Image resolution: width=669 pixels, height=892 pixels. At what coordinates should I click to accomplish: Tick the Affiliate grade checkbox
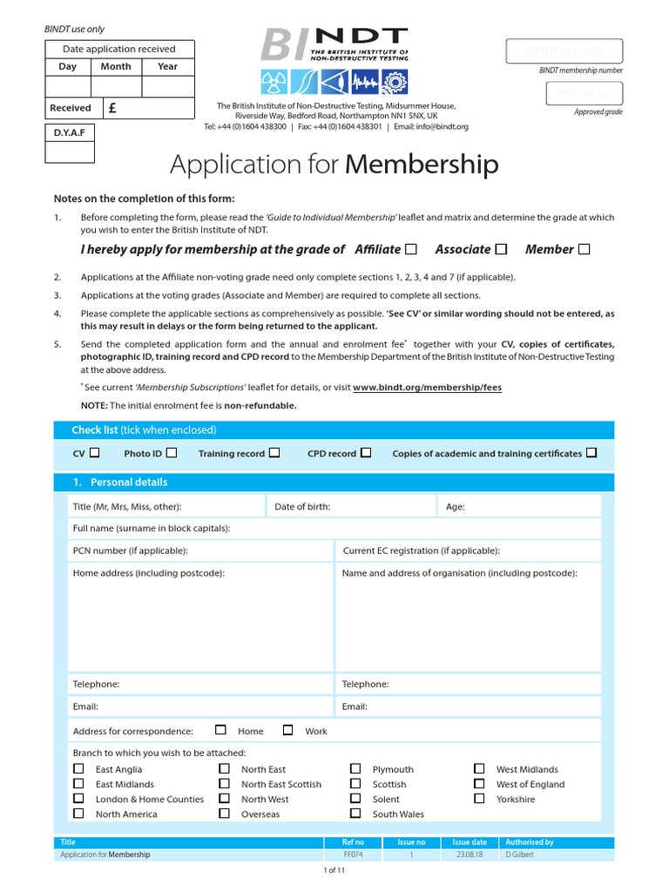coord(411,249)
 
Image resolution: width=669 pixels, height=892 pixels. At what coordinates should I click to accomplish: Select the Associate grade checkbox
coord(501,249)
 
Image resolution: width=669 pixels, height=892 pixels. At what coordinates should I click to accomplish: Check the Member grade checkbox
coord(584,249)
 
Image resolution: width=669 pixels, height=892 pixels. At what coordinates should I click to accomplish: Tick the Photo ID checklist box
coord(172,453)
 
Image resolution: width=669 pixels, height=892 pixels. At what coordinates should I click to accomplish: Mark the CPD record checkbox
coord(366,453)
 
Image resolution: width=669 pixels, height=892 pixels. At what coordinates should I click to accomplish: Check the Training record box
coord(274,453)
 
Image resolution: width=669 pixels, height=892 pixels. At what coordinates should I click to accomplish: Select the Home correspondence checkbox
coord(220,730)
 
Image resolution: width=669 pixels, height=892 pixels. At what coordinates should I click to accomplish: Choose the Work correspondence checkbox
coord(288,730)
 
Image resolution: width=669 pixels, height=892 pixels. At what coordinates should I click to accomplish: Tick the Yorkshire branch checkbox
coord(479,798)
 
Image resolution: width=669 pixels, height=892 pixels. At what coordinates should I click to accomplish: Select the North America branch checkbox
coord(79,813)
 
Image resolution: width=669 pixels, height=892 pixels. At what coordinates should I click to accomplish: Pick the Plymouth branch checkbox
coord(355,768)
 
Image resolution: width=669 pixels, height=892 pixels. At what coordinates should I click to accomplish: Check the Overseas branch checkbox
coord(224,813)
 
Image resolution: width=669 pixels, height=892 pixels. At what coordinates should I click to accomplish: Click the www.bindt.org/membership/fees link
coord(427,388)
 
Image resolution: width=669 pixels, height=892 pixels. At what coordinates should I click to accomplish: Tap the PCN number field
coord(200,551)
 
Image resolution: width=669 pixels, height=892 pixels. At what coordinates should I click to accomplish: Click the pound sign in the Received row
coord(111,108)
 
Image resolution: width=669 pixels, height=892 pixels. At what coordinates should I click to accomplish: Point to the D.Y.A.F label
coord(71,132)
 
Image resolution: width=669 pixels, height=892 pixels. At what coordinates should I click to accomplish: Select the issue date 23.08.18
coord(469,855)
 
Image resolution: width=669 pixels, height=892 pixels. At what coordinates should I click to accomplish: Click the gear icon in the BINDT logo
coord(395,83)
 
